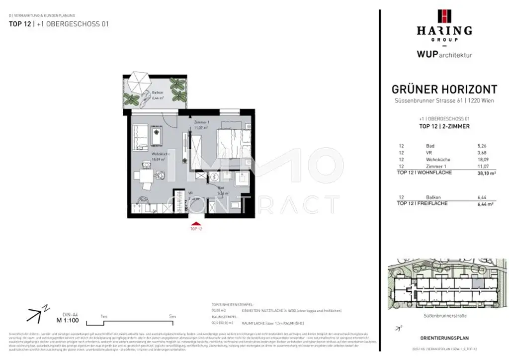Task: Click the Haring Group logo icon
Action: click(x=444, y=16)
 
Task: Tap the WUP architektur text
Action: click(x=444, y=55)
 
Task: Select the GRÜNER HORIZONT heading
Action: click(x=444, y=90)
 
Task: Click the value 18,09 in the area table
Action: click(x=476, y=159)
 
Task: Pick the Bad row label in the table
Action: click(x=430, y=146)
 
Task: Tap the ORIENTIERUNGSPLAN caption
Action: click(x=443, y=338)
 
